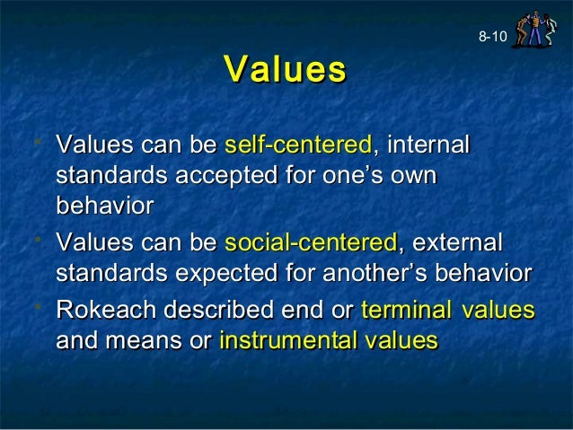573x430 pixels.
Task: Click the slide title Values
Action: tap(286, 70)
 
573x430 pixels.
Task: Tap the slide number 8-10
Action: tap(492, 37)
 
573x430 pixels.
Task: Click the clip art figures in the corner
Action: tap(535, 26)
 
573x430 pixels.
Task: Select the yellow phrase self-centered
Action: tap(298, 145)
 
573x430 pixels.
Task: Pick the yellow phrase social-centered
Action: tap(311, 242)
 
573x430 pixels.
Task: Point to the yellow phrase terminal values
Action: tap(447, 310)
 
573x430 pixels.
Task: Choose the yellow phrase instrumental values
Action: tap(329, 340)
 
